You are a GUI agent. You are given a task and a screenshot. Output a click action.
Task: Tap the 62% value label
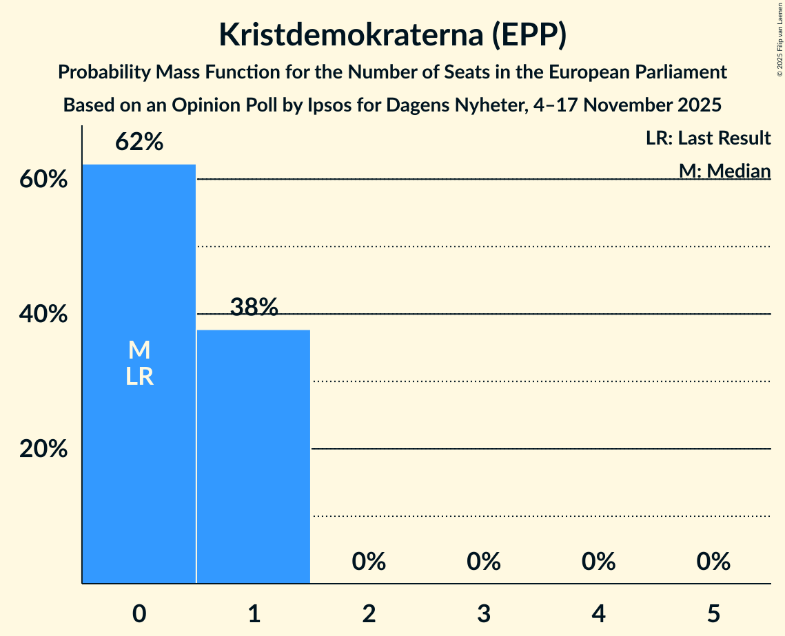pyautogui.click(x=139, y=142)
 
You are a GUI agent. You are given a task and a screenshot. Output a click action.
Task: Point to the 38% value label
pyautogui.click(x=254, y=308)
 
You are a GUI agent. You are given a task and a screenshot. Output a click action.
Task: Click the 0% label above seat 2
pyautogui.click(x=369, y=562)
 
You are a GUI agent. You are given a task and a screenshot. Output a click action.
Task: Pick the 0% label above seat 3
pyautogui.click(x=484, y=562)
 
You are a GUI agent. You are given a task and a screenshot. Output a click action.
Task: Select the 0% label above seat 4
pyautogui.click(x=598, y=562)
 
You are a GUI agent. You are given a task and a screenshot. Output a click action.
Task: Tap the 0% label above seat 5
pyautogui.click(x=713, y=562)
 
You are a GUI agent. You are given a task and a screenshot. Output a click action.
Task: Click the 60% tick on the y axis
pyautogui.click(x=43, y=180)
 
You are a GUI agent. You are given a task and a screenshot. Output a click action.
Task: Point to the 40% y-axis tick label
pyautogui.click(x=43, y=315)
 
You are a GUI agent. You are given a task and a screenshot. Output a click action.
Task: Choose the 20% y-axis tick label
pyautogui.click(x=43, y=449)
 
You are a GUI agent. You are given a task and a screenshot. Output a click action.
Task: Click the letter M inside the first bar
pyautogui.click(x=139, y=350)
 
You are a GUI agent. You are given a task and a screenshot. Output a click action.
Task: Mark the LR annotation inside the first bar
pyautogui.click(x=139, y=377)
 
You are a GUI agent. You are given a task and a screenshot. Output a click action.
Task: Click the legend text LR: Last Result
pyautogui.click(x=708, y=138)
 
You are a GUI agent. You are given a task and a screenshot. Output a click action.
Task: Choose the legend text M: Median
pyautogui.click(x=724, y=171)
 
